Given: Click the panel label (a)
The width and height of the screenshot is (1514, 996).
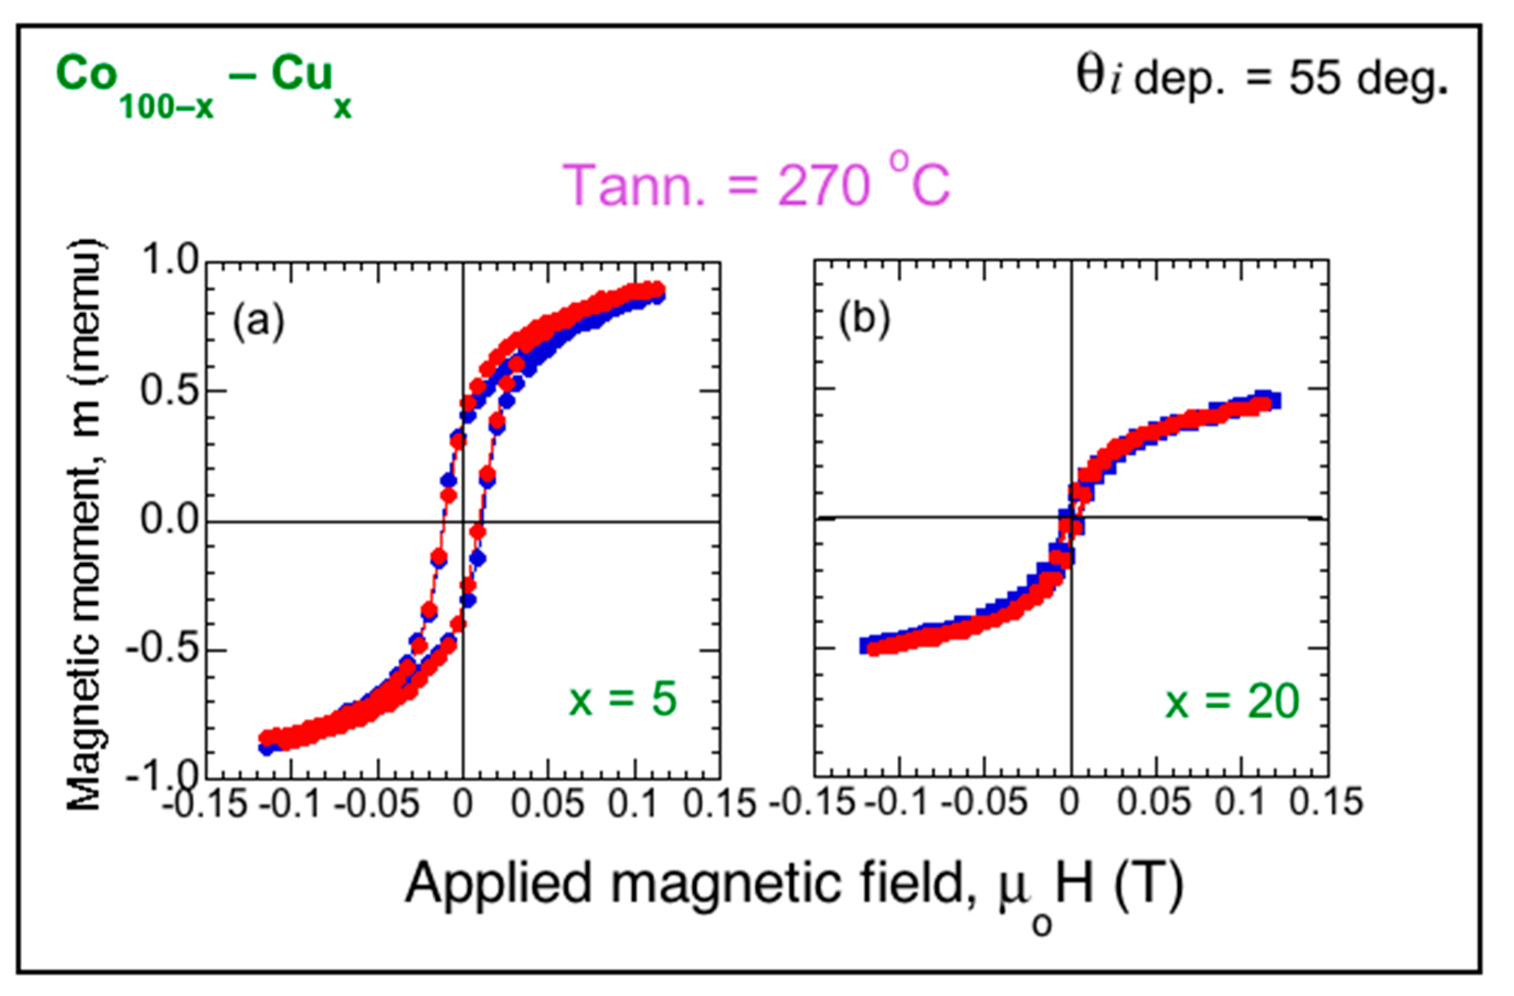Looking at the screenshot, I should [x=258, y=322].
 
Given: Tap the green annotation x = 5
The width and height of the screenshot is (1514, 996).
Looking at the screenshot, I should [x=622, y=699].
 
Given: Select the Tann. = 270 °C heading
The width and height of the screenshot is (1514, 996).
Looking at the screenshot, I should [x=756, y=185].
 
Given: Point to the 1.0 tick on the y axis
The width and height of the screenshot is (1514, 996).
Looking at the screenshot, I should [x=168, y=261].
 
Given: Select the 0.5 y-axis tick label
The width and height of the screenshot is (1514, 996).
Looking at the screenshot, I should [x=168, y=390].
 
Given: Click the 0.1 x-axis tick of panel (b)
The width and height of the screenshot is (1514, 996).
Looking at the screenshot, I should [x=1241, y=802].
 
